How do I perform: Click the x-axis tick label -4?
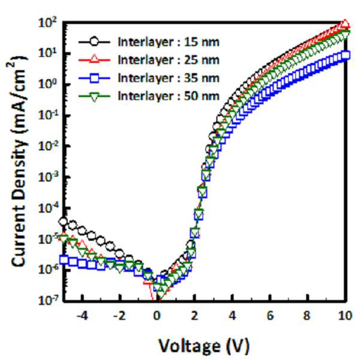pyautogui.click(x=82, y=316)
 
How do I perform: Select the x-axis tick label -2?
pyautogui.click(x=119, y=316)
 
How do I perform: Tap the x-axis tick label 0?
pyautogui.click(x=157, y=316)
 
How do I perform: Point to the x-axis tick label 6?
pyautogui.click(x=270, y=316)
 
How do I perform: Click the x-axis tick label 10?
pyautogui.click(x=345, y=316)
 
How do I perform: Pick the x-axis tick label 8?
pyautogui.click(x=307, y=316)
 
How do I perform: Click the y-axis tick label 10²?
pyautogui.click(x=48, y=23)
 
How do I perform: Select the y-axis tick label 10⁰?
pyautogui.click(x=48, y=84)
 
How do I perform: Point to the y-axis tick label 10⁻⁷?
pyautogui.click(x=48, y=300)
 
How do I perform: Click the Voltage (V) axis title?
pyautogui.click(x=204, y=346)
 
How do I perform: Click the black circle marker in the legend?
pyautogui.click(x=95, y=42)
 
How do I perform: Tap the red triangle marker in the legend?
pyautogui.click(x=95, y=59)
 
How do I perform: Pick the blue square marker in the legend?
pyautogui.click(x=95, y=78)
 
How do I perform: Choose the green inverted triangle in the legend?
pyautogui.click(x=95, y=96)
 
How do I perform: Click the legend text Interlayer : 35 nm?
pyautogui.click(x=168, y=78)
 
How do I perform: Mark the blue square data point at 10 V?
pyautogui.click(x=346, y=55)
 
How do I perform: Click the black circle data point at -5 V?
pyautogui.click(x=63, y=222)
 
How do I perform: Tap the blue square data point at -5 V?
pyautogui.click(x=64, y=260)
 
